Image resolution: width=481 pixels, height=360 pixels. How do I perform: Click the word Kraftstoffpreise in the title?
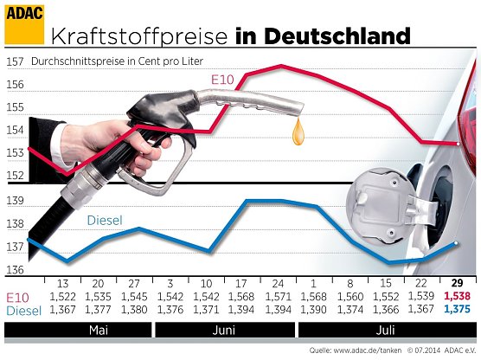pyautogui.click(x=138, y=36)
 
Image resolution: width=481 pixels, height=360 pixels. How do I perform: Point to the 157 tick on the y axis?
pyautogui.click(x=14, y=62)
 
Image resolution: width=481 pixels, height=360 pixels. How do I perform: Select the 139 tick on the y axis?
pyautogui.click(x=14, y=201)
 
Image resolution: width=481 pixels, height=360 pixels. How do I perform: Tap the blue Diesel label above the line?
pyautogui.click(x=109, y=221)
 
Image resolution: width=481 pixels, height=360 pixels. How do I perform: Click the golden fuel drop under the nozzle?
pyautogui.click(x=298, y=132)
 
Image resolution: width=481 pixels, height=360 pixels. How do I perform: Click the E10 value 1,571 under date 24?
pyautogui.click(x=279, y=297)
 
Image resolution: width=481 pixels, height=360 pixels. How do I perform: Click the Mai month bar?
pyautogui.click(x=77, y=331)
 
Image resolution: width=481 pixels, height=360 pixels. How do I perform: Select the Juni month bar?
pyautogui.click(x=224, y=331)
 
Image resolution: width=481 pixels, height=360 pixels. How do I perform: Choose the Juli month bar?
pyautogui.click(x=387, y=331)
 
